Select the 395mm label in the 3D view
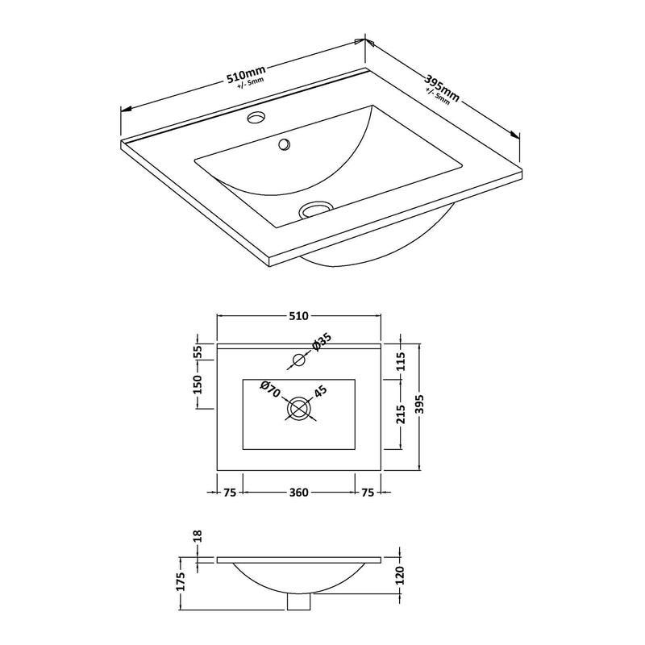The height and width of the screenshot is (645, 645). [x=443, y=83]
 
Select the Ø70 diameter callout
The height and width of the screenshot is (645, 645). [x=269, y=389]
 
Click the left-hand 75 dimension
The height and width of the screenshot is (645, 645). [x=230, y=493]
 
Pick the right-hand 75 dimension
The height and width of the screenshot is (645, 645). [x=368, y=493]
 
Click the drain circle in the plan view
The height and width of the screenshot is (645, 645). [x=300, y=408]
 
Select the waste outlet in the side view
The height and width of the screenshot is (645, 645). [x=299, y=601]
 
